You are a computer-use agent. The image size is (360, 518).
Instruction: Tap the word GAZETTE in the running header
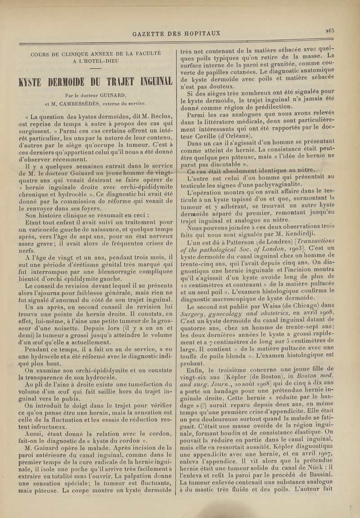click(152, 33)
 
